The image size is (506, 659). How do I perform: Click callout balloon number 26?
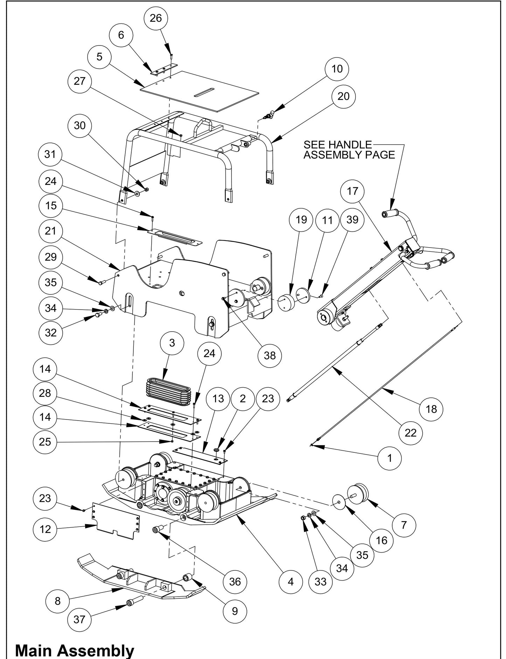point(155,18)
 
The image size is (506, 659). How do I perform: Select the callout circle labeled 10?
point(337,69)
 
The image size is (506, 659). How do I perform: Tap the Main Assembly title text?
point(75,650)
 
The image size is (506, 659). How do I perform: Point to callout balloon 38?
point(270,356)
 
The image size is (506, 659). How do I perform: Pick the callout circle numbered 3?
point(172,343)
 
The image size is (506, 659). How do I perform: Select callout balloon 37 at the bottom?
point(79,619)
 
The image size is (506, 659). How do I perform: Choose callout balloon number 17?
point(353,191)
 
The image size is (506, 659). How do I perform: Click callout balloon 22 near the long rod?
point(410,433)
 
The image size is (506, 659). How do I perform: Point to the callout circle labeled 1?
point(390,458)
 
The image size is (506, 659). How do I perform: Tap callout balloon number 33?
point(320,582)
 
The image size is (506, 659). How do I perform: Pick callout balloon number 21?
point(51,231)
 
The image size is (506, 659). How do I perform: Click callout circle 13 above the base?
point(218,398)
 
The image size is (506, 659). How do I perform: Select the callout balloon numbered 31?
point(50,154)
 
